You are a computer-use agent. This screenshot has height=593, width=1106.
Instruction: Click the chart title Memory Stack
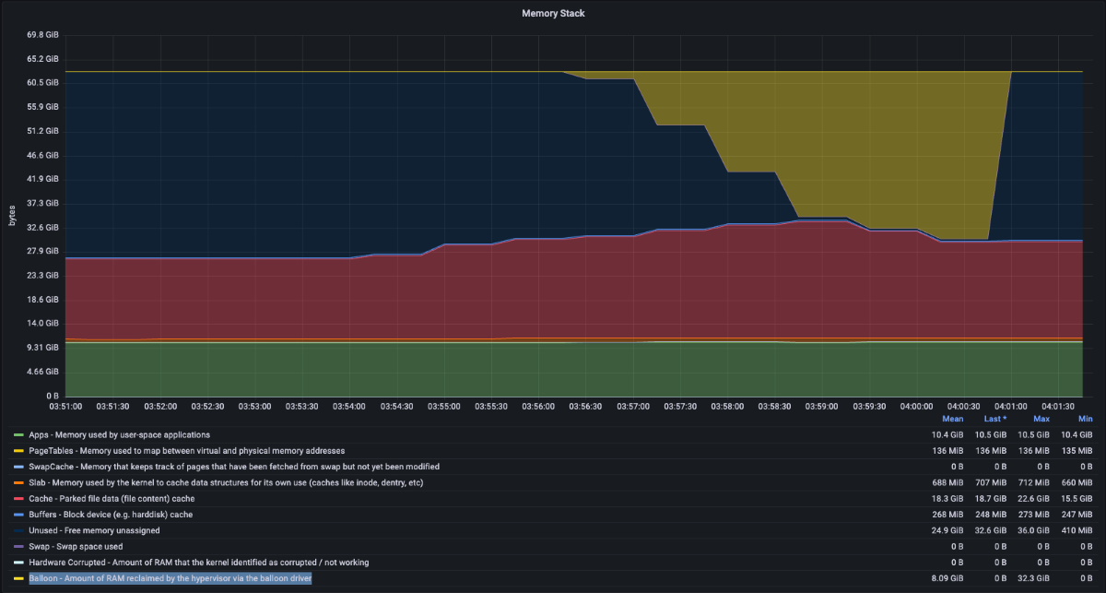coord(553,13)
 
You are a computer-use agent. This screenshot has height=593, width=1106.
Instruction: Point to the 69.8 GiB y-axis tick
coord(42,35)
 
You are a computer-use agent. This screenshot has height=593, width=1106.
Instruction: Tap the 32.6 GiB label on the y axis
coord(42,227)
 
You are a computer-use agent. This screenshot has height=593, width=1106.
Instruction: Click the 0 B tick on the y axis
coord(53,396)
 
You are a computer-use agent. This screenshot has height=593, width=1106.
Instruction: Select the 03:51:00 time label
coord(65,406)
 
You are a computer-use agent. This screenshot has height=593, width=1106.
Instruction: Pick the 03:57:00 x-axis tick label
coord(633,406)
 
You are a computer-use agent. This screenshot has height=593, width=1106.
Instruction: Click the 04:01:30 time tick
coord(1058,406)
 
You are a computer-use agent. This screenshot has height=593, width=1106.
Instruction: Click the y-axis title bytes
coord(12,216)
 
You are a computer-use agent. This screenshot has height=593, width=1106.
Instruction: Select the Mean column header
coord(952,419)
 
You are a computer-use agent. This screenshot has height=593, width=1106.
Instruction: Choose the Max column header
coord(1041,419)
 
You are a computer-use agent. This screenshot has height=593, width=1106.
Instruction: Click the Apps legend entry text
coord(120,435)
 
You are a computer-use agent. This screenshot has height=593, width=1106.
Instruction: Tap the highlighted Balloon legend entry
coord(171,578)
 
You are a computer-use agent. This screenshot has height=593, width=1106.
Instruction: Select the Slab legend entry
coord(226,482)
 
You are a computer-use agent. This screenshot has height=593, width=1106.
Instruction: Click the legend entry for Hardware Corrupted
coord(199,563)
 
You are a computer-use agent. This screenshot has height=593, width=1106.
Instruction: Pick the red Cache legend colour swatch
coord(18,499)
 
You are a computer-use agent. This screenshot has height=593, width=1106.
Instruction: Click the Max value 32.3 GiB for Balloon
coord(1033,578)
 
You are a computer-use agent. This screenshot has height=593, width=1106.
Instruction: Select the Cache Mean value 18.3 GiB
coord(947,499)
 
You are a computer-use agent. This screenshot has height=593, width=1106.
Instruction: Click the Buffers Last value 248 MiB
coord(991,515)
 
